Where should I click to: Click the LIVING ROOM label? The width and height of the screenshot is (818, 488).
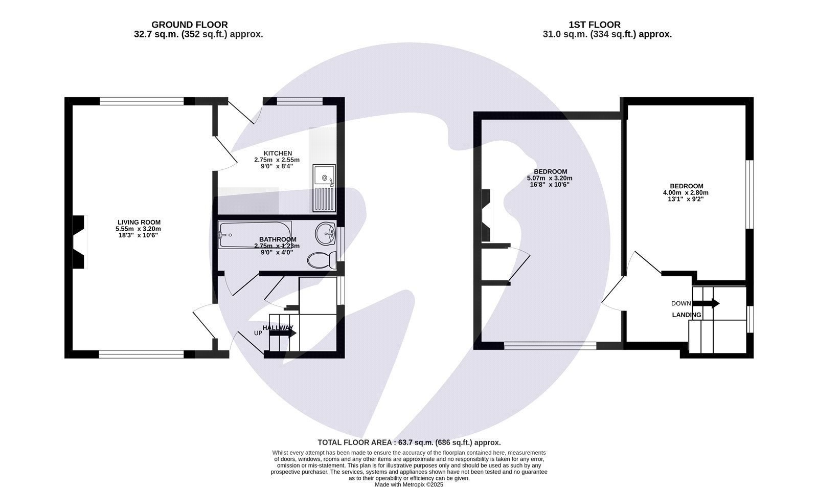[x=138, y=222]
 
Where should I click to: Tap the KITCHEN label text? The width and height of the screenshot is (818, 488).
[x=278, y=153]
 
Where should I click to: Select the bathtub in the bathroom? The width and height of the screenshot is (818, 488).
[x=254, y=235]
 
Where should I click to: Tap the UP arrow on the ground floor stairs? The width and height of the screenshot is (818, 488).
[x=282, y=332]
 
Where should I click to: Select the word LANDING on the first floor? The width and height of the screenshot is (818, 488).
[x=687, y=315]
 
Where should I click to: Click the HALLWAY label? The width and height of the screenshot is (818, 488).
[x=278, y=327]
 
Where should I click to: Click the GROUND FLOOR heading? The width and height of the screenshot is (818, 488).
[x=190, y=25]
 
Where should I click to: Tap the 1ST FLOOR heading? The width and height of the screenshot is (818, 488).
[x=594, y=25]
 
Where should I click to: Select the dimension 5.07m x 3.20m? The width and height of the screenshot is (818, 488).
[x=550, y=178]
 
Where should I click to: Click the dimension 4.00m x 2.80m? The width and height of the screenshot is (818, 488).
[x=686, y=193]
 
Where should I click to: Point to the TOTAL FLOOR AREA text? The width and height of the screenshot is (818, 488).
[x=409, y=442]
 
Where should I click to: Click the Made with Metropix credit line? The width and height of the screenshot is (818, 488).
[x=409, y=484]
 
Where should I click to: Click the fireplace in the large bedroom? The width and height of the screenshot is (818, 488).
[x=486, y=215]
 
